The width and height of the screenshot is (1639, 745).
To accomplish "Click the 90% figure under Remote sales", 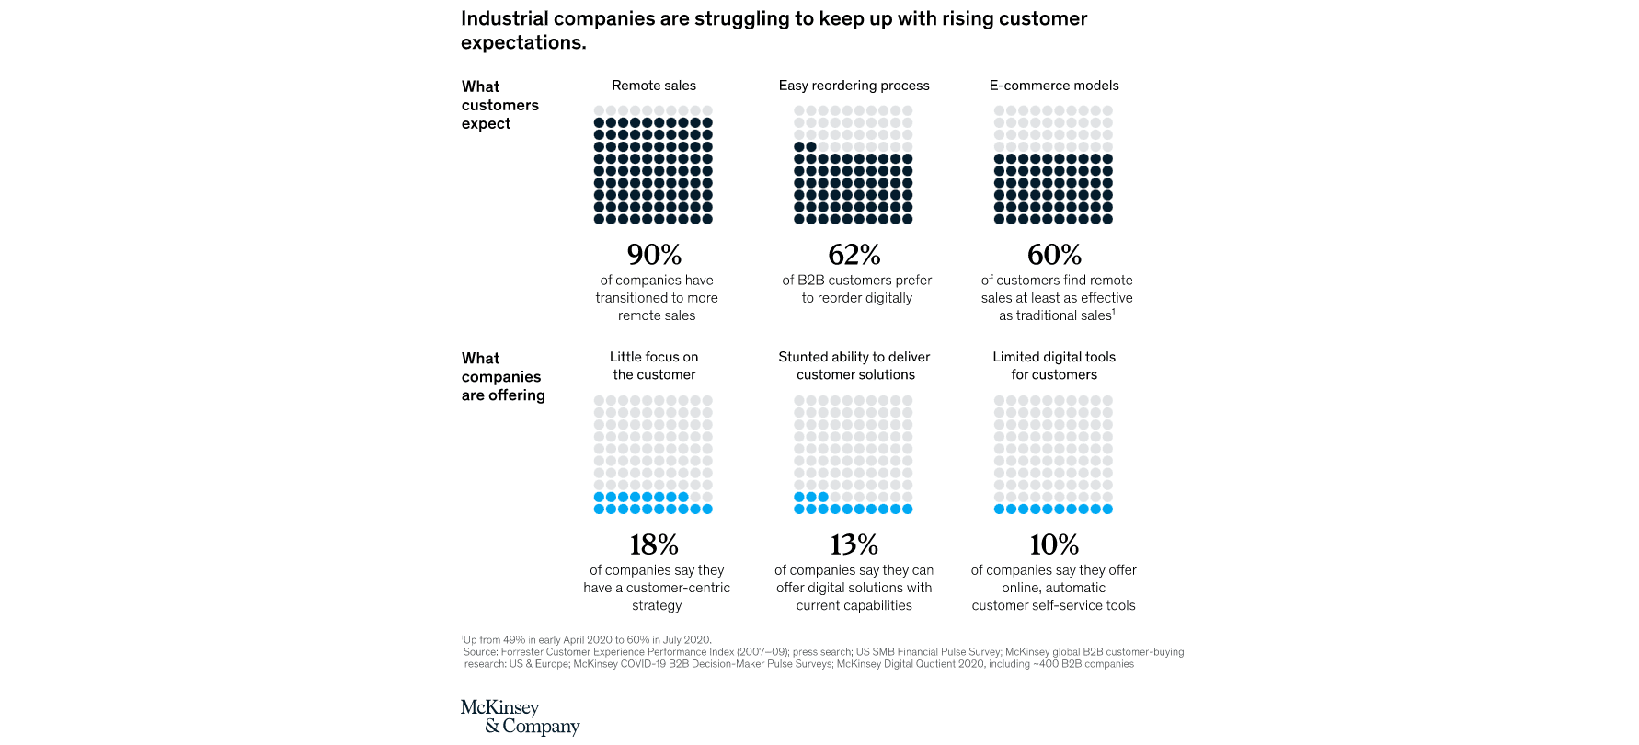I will point(654,254).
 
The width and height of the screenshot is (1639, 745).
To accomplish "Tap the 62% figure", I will point(854,254).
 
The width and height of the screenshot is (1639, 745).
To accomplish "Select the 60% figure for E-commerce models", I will point(1054,254).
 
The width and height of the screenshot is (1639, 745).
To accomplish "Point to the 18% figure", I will point(654,544).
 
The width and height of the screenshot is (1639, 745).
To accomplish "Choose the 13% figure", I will point(854,544).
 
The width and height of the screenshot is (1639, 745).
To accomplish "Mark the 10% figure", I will point(1054,544).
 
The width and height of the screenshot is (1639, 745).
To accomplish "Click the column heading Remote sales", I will point(654,86).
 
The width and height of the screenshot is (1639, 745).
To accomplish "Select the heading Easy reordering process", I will point(854,86).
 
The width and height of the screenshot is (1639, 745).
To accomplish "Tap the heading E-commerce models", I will point(1054,86).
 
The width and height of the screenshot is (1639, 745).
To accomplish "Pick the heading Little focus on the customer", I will point(654,366).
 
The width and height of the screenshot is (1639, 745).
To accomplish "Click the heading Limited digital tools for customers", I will point(1054,366).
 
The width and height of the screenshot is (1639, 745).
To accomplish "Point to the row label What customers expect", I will point(499,105).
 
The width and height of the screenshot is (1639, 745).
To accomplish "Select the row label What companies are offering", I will point(502,377).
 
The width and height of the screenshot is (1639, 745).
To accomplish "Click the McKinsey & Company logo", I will point(520,717).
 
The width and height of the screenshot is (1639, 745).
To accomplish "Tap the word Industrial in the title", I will point(507,19).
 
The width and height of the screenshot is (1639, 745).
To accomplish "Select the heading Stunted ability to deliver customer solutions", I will point(854,366).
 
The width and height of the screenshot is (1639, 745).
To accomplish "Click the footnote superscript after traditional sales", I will point(1114,312).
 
